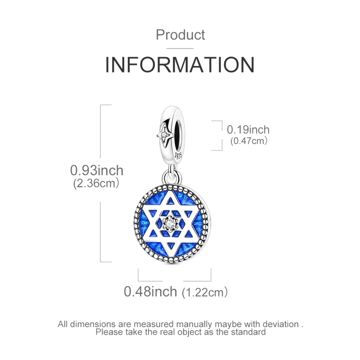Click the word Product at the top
pos(180,35)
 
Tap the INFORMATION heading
pos(180,64)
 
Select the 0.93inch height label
pos(97,171)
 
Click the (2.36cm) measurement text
pos(95,184)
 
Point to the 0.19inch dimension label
pos(248,130)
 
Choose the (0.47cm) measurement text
pos(249,141)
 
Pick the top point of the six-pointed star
pos(170,193)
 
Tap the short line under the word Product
pos(180,48)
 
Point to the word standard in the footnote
pos(247,332)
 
